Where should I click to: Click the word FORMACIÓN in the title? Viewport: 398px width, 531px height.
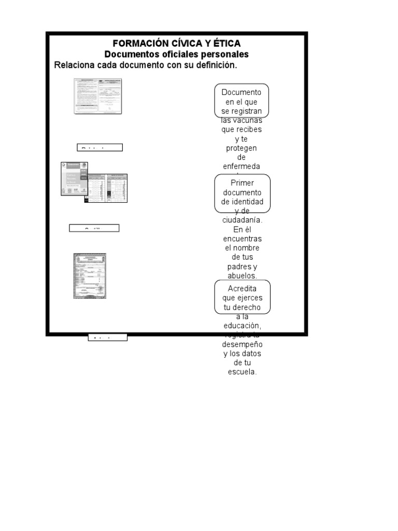137,44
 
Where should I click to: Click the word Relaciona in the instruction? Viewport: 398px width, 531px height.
74,65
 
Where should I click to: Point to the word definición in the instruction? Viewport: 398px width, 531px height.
215,65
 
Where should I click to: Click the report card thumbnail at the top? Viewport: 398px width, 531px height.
97,96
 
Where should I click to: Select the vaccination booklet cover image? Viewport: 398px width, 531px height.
74,178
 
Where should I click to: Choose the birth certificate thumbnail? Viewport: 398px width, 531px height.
90,276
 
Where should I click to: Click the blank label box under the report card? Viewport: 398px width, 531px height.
99,147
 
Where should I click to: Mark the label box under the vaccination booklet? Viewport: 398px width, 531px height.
94,228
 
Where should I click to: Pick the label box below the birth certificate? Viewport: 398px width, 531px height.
107,338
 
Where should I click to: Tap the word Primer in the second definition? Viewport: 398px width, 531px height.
242,183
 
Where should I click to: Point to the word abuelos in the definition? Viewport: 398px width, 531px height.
241,276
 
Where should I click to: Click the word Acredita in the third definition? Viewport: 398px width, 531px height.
242,288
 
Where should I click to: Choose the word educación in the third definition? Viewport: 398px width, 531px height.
241,326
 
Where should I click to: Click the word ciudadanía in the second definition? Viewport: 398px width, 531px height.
242,220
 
